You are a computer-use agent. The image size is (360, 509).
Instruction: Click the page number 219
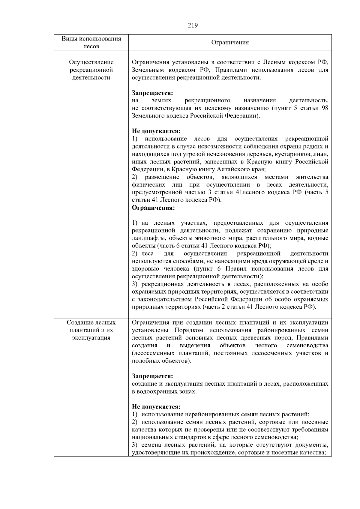point(193,25)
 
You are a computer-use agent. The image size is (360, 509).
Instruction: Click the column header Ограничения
point(230,42)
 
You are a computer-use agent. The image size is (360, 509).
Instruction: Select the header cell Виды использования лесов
point(91,42)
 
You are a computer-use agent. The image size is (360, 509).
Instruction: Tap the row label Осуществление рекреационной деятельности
point(91,70)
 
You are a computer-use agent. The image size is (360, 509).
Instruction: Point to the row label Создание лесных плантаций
point(91,330)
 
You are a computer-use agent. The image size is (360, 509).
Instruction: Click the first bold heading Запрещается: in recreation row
point(152,93)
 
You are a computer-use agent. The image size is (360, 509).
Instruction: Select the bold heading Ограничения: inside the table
point(153,208)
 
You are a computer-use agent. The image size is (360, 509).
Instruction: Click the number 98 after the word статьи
point(325,108)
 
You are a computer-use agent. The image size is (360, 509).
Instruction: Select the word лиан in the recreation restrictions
point(322,154)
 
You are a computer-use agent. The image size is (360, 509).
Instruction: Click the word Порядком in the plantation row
point(188,330)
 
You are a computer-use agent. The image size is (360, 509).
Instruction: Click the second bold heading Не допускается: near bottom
point(156,407)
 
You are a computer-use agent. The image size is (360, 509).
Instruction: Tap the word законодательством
point(165,299)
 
